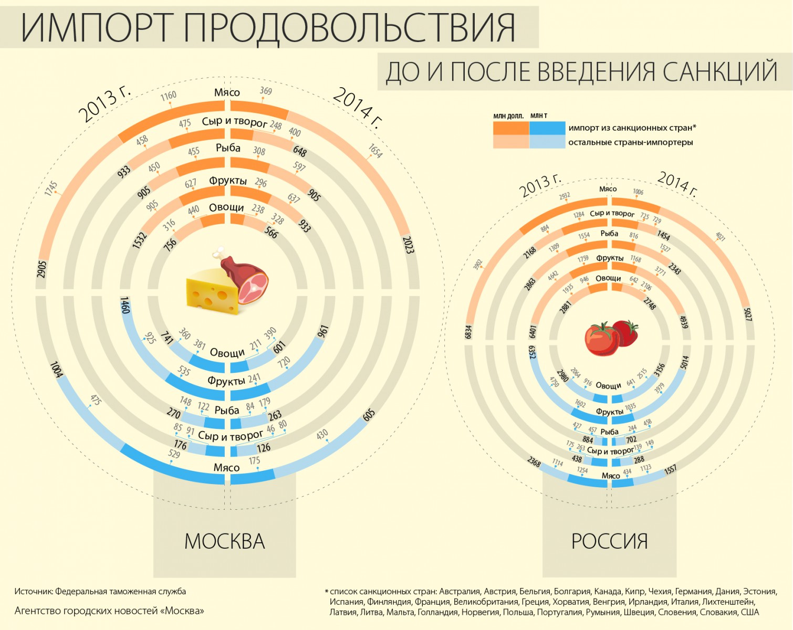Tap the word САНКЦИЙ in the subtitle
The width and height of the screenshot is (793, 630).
point(720,72)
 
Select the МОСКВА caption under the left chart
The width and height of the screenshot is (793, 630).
point(225,541)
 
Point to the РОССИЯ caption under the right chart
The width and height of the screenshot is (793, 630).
point(609,541)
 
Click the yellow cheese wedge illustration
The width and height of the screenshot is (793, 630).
point(210,291)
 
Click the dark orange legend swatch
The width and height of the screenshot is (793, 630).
point(510,128)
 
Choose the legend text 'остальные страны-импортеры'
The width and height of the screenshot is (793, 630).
point(630,142)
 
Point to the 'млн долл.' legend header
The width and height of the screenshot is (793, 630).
point(508,116)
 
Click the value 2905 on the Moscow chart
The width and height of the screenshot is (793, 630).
point(42,269)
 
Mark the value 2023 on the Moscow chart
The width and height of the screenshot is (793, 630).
point(409,245)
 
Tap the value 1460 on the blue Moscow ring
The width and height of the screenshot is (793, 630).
point(125,305)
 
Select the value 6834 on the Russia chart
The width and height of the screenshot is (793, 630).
point(468,332)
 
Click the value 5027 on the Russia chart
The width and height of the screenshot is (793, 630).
point(748,314)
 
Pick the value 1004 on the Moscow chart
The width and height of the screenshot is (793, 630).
point(56,369)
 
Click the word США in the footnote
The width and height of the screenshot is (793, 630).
point(750,612)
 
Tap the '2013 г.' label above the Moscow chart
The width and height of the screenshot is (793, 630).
point(104,104)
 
